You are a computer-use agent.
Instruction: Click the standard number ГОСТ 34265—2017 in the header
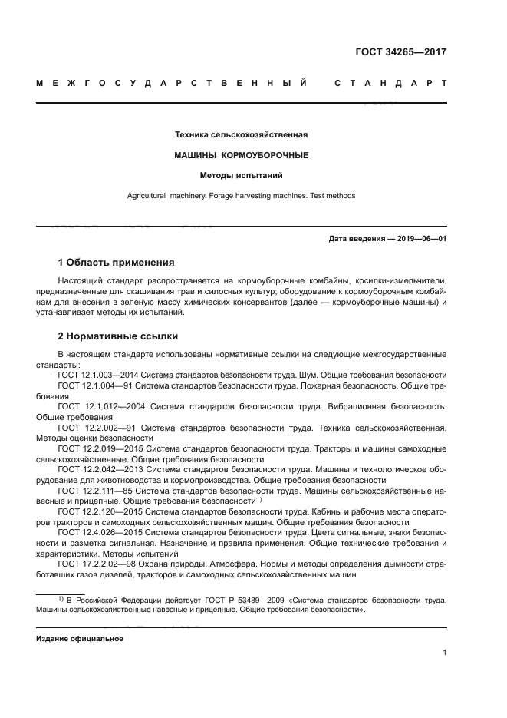coord(401,52)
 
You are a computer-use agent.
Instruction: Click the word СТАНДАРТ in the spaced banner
coord(390,83)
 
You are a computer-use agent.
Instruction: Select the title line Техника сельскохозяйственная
coord(242,135)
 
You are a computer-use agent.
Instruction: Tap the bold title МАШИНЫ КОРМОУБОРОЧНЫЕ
coord(242,155)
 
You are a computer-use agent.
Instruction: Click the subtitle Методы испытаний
coord(242,175)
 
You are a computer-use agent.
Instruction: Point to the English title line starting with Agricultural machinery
coord(242,196)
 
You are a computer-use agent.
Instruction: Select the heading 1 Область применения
coord(117,262)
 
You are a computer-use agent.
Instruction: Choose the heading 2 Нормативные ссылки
coord(115,336)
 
